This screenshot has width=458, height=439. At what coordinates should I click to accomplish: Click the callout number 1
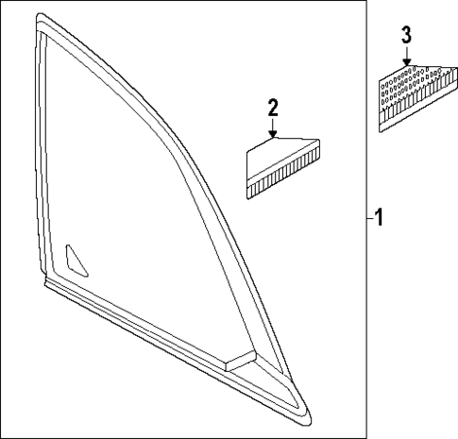point(380,217)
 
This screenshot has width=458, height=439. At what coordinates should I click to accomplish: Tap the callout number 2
point(273,108)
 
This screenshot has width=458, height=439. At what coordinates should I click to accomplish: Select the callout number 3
point(406,35)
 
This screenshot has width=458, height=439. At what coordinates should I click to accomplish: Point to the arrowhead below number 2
point(273,135)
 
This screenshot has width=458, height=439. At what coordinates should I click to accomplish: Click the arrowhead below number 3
point(407,62)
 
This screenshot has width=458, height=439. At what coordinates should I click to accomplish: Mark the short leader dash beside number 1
point(370,218)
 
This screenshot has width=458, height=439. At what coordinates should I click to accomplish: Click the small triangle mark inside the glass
point(76,261)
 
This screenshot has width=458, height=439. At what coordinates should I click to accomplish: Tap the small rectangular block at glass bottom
point(241,361)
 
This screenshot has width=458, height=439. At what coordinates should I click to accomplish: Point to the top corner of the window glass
point(40,15)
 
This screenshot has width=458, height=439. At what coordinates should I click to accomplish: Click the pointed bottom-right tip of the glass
point(310,421)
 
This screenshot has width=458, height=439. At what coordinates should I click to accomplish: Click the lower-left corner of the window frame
point(46,282)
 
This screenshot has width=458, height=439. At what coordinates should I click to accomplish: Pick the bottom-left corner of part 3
point(381,131)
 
